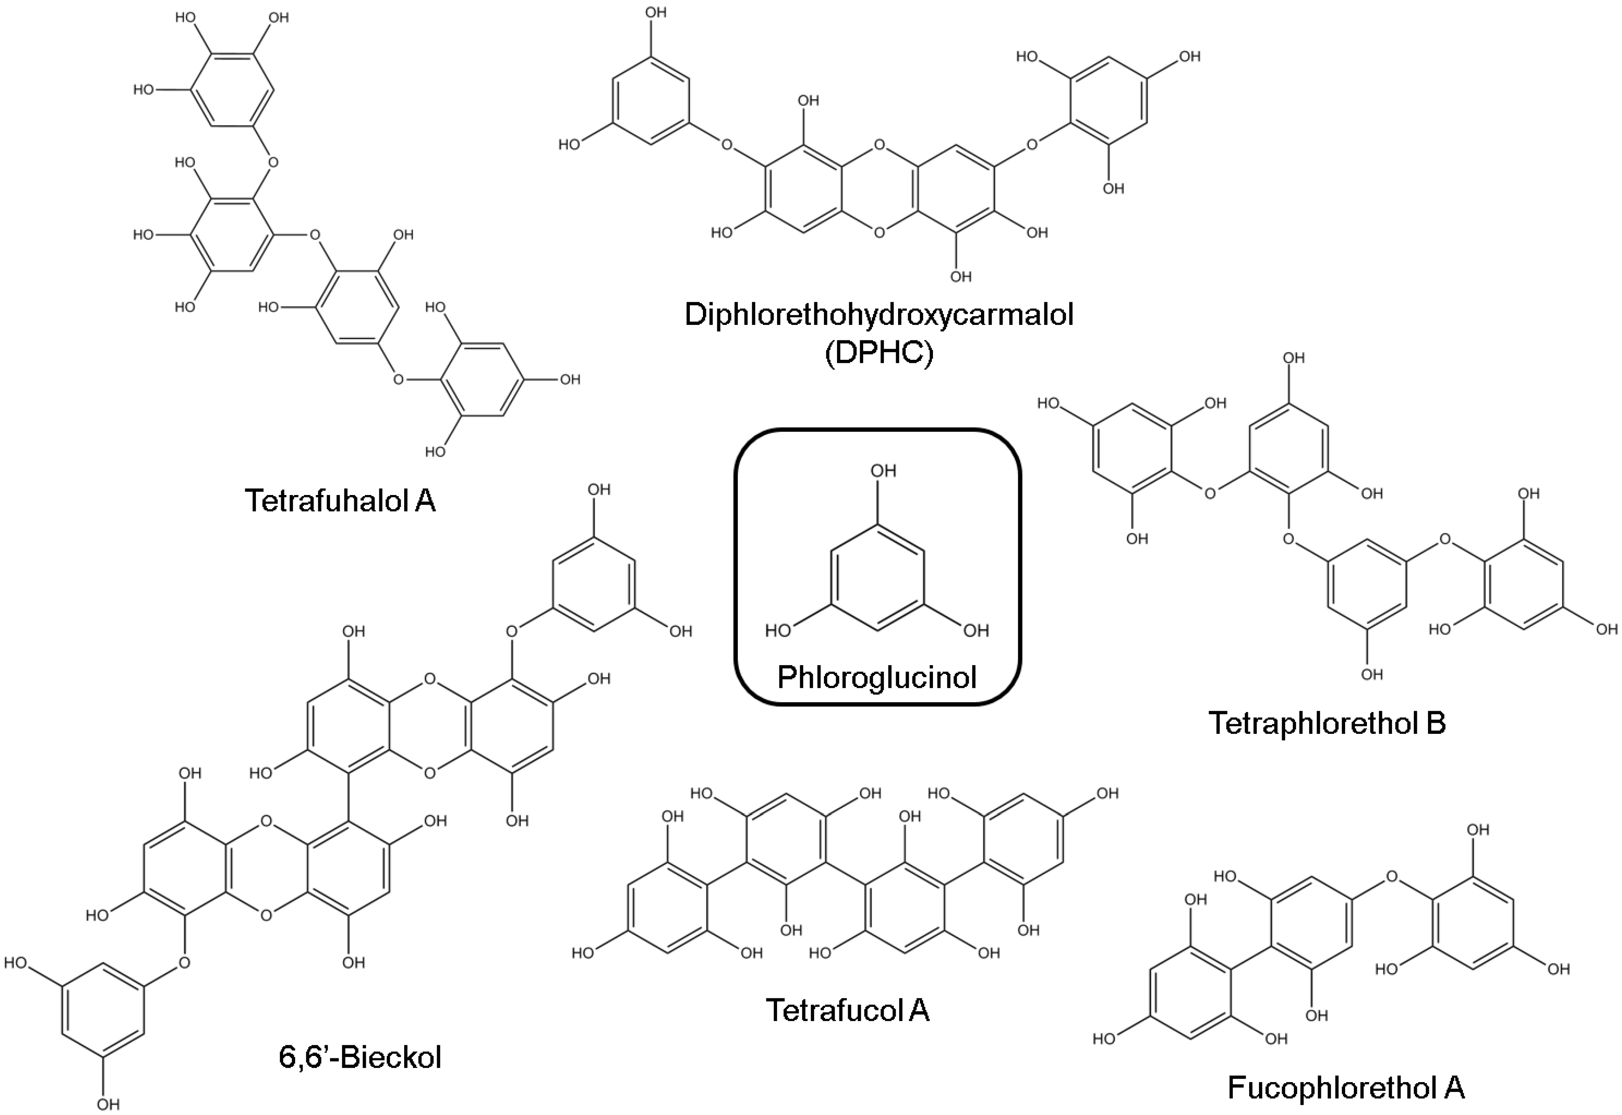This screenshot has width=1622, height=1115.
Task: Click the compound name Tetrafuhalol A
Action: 340,501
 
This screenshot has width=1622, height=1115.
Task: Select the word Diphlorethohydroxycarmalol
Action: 879,315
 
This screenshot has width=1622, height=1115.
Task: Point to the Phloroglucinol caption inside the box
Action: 877,677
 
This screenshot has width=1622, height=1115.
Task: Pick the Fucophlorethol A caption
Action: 1346,1088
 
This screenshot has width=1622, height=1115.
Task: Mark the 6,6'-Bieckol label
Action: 360,1057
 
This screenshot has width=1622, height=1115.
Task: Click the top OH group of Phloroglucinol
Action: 883,471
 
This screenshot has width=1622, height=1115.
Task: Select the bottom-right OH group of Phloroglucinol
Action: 976,631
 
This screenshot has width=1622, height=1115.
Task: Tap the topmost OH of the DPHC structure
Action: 655,13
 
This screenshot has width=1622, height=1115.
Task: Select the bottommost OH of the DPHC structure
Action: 960,276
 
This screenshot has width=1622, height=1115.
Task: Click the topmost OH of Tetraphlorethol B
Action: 1294,358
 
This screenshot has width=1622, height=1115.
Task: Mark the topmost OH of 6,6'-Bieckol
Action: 599,490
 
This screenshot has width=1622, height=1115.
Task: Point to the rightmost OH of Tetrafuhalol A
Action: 570,379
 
